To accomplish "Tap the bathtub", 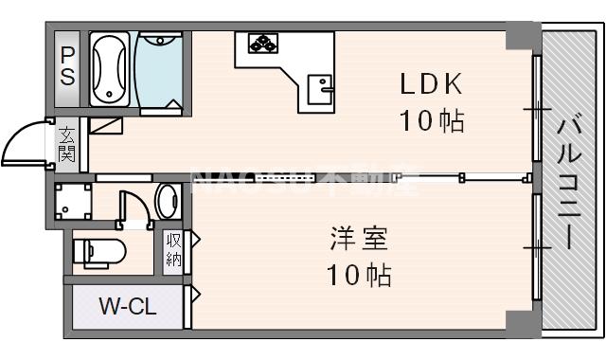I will [111, 68].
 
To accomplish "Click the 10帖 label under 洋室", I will [359, 276].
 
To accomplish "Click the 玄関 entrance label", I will [67, 144].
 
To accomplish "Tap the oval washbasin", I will [168, 201].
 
